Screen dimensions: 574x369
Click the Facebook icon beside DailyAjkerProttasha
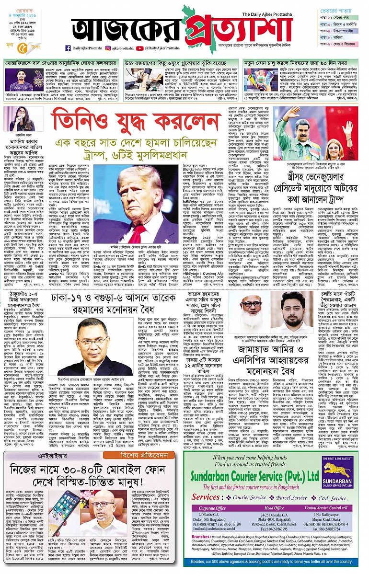pyautogui.click(x=68, y=48)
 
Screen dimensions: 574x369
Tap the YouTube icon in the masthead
pyautogui.click(x=139, y=48)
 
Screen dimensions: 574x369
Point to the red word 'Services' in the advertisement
pyautogui.click(x=206, y=498)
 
